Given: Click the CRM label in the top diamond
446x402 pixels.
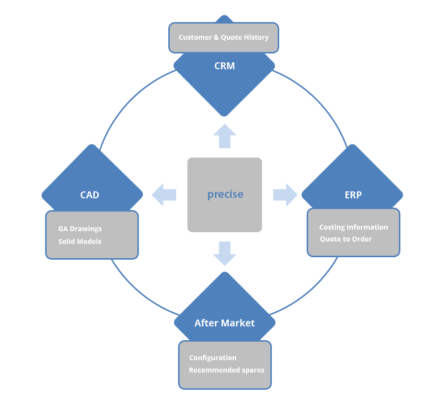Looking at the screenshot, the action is [224, 66].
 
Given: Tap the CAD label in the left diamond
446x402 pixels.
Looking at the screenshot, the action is [90, 195].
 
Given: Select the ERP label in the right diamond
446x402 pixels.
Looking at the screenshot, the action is [353, 195].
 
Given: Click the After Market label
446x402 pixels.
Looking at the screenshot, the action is [224, 323].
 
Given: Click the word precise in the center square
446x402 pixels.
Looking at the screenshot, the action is [225, 194].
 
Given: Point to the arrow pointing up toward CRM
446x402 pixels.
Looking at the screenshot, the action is [225, 136].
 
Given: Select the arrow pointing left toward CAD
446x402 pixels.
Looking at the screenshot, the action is [164, 195].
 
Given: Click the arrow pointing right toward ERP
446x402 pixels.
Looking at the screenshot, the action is [285, 195].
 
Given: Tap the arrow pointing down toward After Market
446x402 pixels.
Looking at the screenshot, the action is [225, 254].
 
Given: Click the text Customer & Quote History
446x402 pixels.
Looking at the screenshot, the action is [224, 37].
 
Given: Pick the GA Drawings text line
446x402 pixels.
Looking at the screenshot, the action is [80, 229].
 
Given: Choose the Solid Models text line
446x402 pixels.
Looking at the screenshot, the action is [80, 241].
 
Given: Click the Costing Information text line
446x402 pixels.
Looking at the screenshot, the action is [354, 227].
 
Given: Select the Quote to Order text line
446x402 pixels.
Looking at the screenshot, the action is [345, 239].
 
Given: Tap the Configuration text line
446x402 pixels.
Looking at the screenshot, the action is [213, 358].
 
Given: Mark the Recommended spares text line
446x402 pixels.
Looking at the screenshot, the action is [227, 370].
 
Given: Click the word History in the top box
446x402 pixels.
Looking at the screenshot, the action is [256, 37].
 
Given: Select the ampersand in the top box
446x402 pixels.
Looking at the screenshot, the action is [216, 37].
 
